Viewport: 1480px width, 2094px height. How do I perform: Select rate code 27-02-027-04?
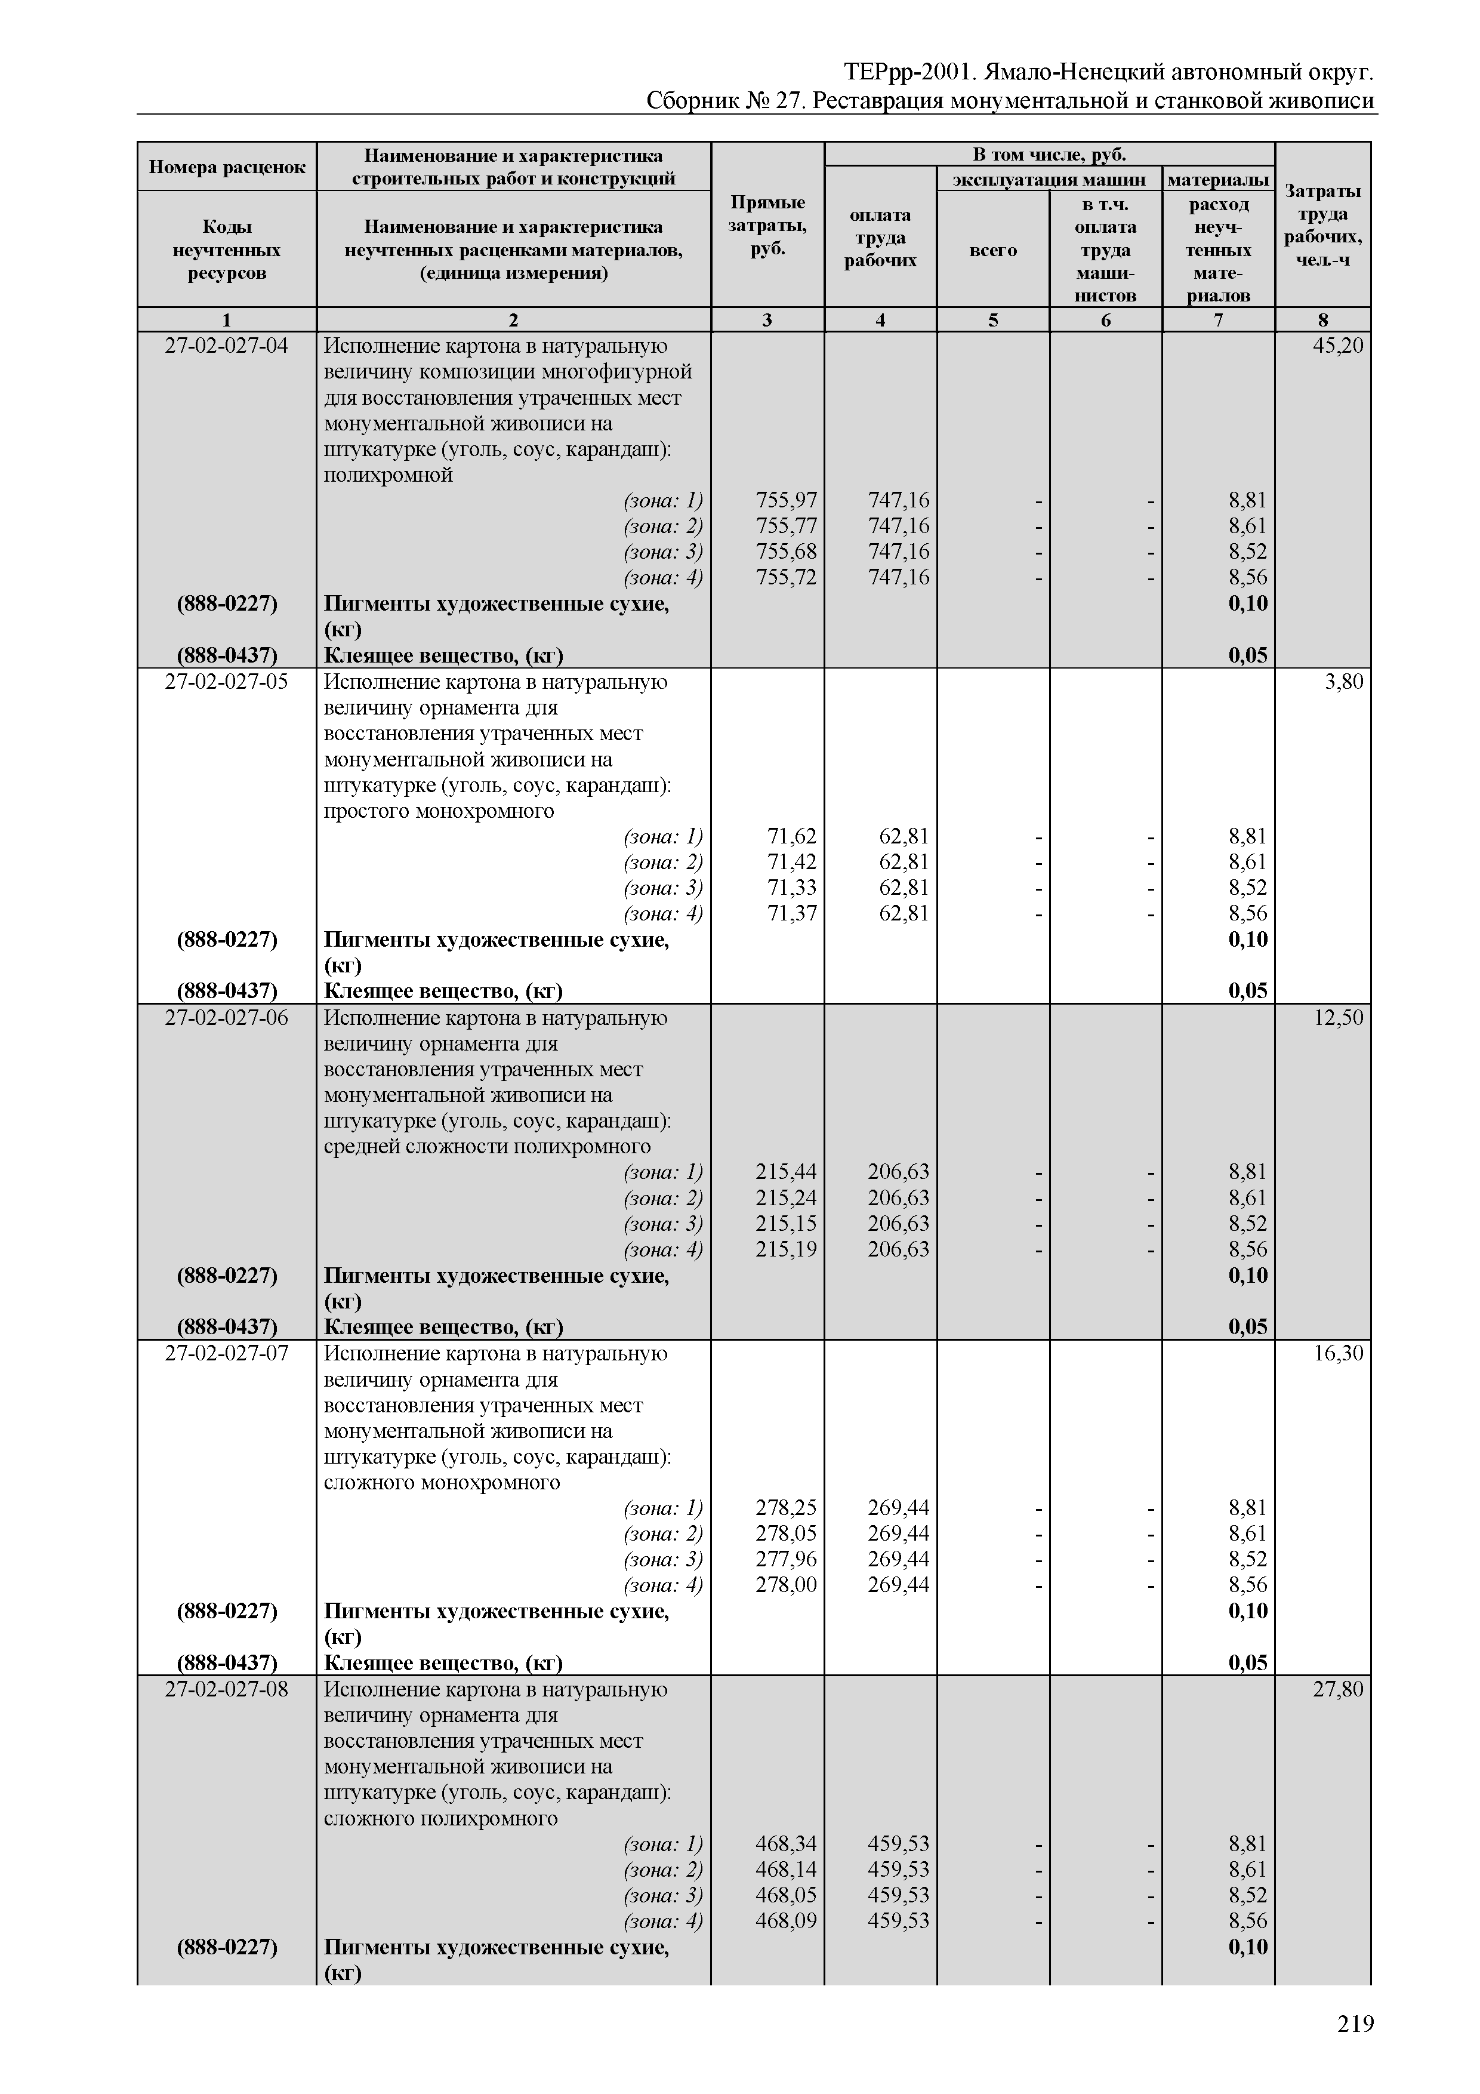(x=226, y=347)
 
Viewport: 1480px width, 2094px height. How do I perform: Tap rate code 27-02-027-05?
(x=226, y=682)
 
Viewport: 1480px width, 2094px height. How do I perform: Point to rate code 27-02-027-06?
(x=226, y=1018)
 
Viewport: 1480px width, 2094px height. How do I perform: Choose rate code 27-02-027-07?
(x=226, y=1353)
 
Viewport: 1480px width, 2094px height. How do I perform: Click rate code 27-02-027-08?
(x=226, y=1689)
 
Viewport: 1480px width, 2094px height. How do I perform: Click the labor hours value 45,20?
(x=1338, y=347)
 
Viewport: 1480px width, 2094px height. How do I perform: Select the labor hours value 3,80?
(x=1343, y=682)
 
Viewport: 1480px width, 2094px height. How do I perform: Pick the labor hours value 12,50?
(x=1338, y=1018)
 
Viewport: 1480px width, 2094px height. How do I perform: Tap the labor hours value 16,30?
(x=1338, y=1353)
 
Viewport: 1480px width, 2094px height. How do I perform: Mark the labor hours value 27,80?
(x=1338, y=1689)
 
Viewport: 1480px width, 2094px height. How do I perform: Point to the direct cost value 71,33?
(x=791, y=888)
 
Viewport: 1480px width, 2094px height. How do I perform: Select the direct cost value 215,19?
(x=786, y=1249)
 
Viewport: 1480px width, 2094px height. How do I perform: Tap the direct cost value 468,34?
(x=786, y=1844)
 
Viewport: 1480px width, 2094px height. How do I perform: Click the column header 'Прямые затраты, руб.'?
(x=767, y=225)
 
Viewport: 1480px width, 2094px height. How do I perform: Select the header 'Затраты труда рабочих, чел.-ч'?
(x=1322, y=225)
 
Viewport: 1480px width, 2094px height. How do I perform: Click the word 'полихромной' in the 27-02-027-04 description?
(x=388, y=475)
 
